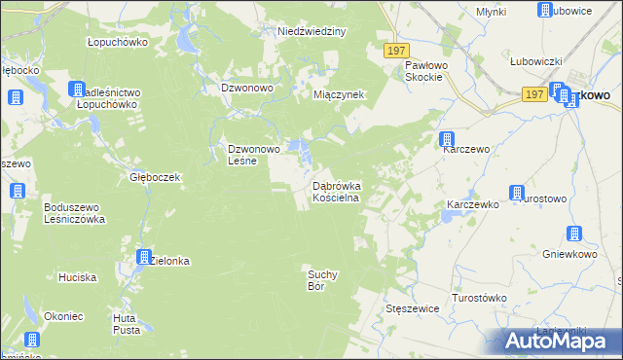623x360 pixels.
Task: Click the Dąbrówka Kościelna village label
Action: [x=336, y=191]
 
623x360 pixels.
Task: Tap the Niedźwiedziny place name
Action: [x=311, y=31]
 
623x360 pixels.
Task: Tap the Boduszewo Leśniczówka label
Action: [x=74, y=213]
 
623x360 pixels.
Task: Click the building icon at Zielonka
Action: [x=144, y=258]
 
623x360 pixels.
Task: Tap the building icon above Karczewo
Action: [x=446, y=139]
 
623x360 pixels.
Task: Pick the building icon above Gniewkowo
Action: [x=573, y=234]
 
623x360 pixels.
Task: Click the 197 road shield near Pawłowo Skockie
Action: [x=395, y=51]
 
